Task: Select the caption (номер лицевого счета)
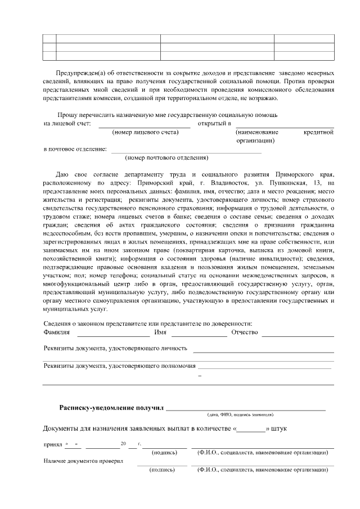(x=146, y=132)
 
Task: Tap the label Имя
(x=160, y=332)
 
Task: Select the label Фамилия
(x=56, y=332)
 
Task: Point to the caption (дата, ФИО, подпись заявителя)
(x=240, y=415)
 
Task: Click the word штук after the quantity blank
(x=279, y=429)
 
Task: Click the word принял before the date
(x=52, y=444)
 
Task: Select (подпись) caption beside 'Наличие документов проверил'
(x=163, y=469)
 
